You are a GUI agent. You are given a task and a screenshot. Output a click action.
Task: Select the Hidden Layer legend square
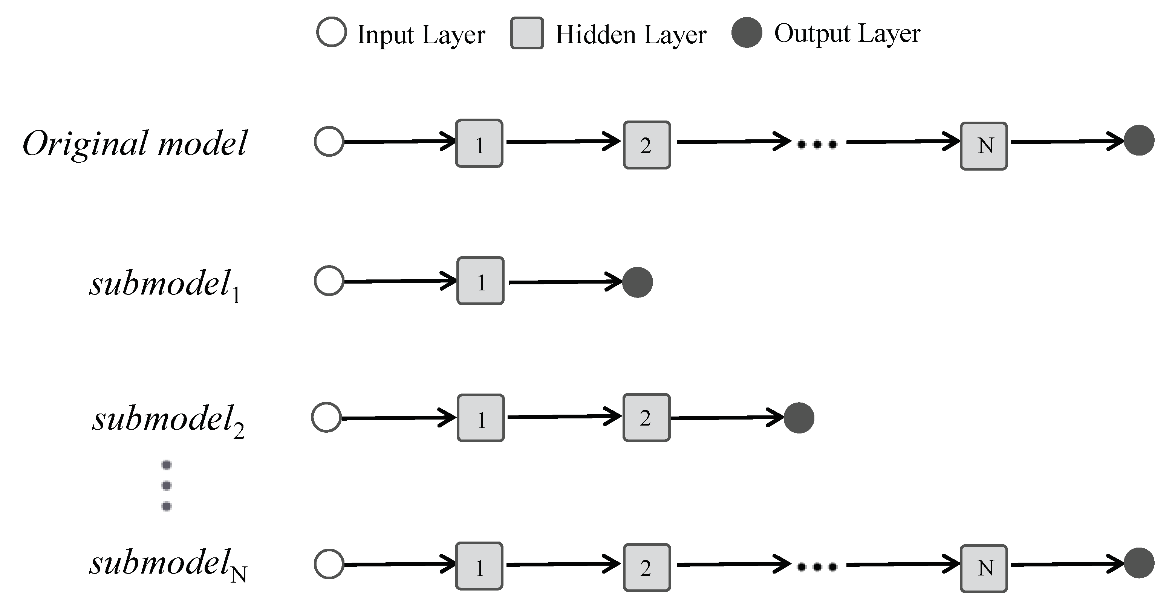[526, 33]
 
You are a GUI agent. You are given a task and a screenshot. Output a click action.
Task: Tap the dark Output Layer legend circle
[747, 32]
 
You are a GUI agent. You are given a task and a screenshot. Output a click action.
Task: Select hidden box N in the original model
[983, 146]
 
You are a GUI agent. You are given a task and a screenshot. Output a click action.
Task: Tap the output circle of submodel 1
[637, 282]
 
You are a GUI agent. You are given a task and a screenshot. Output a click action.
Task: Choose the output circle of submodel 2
[799, 418]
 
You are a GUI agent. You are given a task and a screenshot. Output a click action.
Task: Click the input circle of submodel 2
[326, 417]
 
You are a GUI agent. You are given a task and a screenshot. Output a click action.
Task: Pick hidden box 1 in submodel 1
[480, 281]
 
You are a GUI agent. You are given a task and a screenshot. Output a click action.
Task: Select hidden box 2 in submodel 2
[646, 418]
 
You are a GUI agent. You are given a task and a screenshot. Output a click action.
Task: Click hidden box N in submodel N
[983, 568]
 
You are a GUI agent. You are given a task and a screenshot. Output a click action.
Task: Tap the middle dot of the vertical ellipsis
[167, 485]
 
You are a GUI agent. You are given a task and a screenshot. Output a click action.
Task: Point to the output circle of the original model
[1138, 140]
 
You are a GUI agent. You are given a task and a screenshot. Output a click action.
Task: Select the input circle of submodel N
[329, 564]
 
